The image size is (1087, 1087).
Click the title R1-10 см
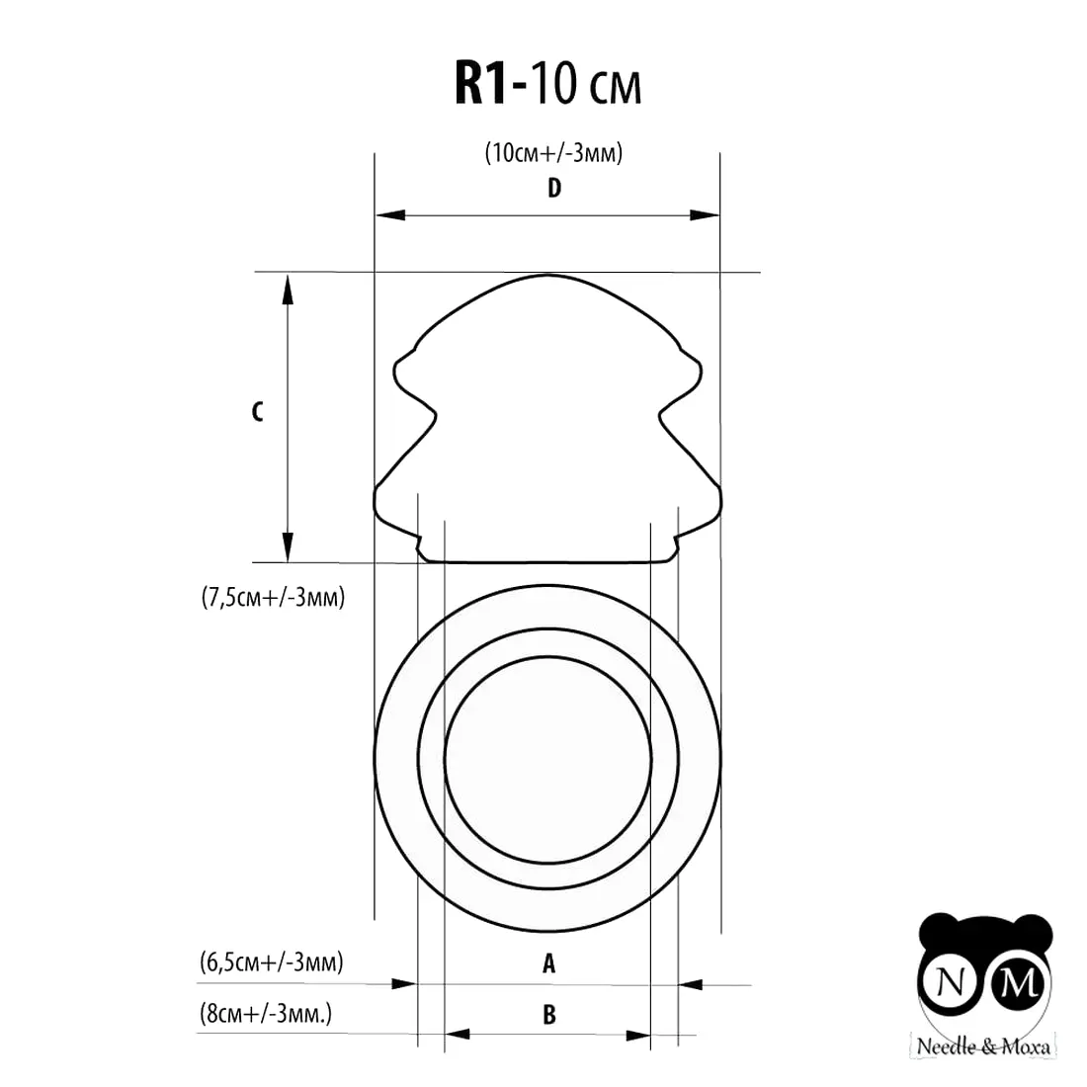tap(547, 83)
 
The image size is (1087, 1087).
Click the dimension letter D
tap(554, 188)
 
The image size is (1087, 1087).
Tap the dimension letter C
tap(257, 412)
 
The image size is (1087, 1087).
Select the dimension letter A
tap(549, 962)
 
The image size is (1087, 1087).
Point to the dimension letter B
tap(549, 1015)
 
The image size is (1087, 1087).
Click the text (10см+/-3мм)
tap(554, 152)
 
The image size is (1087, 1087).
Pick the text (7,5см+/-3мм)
tap(273, 597)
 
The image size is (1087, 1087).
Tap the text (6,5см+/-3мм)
tap(271, 962)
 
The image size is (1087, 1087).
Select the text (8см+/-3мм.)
tap(266, 1014)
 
